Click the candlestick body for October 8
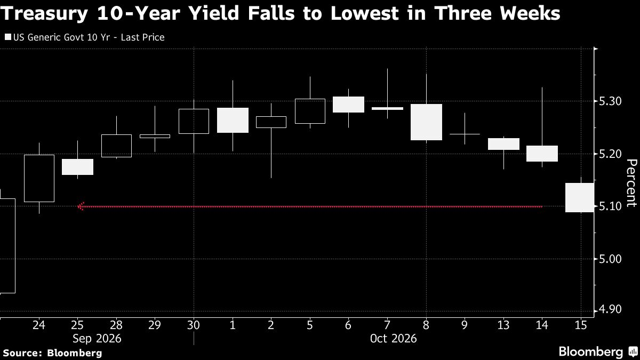tap(426, 122)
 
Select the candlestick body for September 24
tap(39, 178)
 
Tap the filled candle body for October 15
tap(580, 198)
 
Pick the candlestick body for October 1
tap(233, 121)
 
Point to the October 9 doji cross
tap(465, 134)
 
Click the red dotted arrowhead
tap(81, 206)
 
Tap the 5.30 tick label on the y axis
tap(610, 101)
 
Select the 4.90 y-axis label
tap(610, 309)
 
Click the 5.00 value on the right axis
tap(610, 259)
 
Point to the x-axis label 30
tap(194, 325)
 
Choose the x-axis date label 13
tap(503, 325)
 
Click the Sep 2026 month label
tap(97, 339)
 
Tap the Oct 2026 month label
tap(394, 339)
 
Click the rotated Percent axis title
tap(631, 183)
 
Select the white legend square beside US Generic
tap(8, 37)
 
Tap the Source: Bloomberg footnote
tap(52, 353)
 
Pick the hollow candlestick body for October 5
tap(310, 111)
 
